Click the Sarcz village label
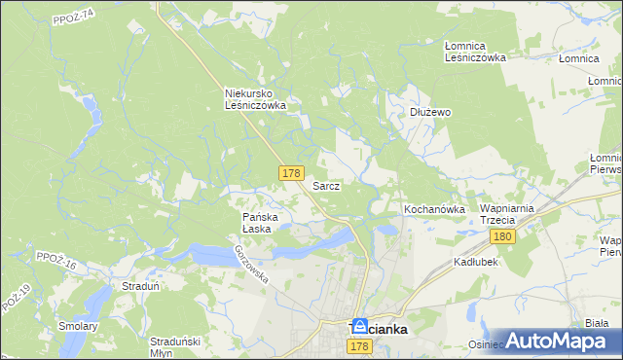pyautogui.click(x=325, y=185)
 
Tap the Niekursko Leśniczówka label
pyautogui.click(x=254, y=99)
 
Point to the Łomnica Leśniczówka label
pyautogui.click(x=475, y=52)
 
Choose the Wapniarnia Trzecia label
pyautogui.click(x=503, y=215)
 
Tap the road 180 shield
pyautogui.click(x=502, y=236)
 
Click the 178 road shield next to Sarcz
pyautogui.click(x=290, y=172)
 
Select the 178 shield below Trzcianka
pyautogui.click(x=359, y=347)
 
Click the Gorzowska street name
pyautogui.click(x=250, y=264)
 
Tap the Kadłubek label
pyautogui.click(x=476, y=263)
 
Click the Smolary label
pyautogui.click(x=79, y=326)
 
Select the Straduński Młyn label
pyautogui.click(x=175, y=346)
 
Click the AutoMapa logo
pyautogui.click(x=556, y=341)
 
